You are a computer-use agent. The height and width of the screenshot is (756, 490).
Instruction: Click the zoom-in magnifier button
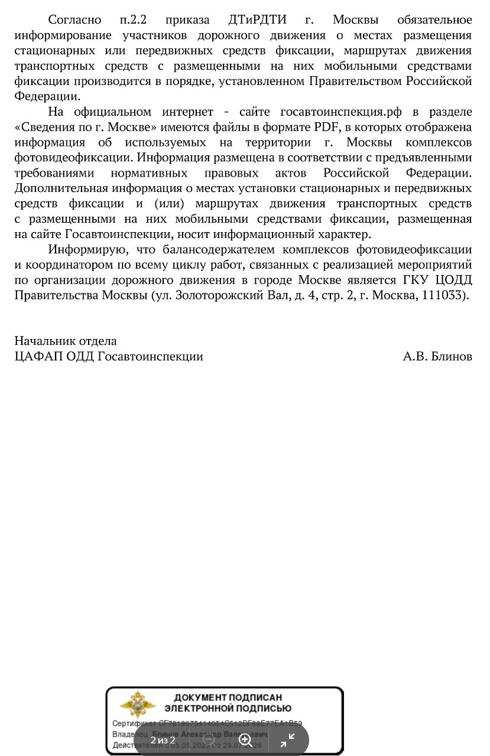(x=246, y=740)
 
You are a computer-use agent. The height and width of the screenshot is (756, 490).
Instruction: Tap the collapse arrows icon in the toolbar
(x=287, y=740)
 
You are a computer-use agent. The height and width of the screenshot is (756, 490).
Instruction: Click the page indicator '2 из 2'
(x=163, y=740)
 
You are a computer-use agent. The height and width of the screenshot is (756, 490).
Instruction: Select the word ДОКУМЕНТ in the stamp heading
(x=200, y=698)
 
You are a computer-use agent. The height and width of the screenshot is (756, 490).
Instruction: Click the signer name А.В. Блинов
(x=437, y=356)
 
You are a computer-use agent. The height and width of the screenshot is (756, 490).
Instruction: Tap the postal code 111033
(x=443, y=295)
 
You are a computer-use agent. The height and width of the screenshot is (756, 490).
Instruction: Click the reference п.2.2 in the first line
(x=133, y=19)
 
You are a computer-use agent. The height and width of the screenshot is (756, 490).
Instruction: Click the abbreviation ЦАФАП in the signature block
(x=33, y=356)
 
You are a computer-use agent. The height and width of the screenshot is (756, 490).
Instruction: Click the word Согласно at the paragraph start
(x=74, y=19)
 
